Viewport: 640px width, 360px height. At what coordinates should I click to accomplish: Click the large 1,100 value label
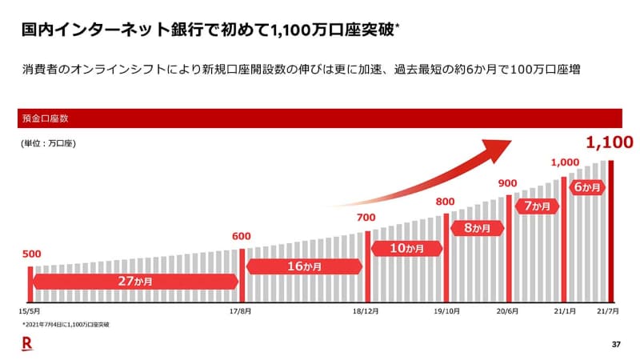point(610,143)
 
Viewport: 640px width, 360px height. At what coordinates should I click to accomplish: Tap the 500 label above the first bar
point(31,254)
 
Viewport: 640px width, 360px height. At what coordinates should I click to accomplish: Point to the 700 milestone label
point(366,218)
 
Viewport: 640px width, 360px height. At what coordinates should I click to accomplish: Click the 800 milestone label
point(445,201)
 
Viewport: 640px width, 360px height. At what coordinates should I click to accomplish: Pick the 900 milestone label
point(508,182)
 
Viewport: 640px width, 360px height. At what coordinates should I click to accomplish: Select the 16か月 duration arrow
point(304,267)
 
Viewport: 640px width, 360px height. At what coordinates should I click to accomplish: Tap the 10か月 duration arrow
point(405,249)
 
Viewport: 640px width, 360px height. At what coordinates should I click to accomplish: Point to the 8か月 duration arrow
point(477,228)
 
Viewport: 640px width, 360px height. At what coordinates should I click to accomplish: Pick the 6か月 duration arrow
point(586,187)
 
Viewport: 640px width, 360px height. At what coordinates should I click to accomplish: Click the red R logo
point(27,344)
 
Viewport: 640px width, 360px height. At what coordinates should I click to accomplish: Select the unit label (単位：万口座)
point(49,144)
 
